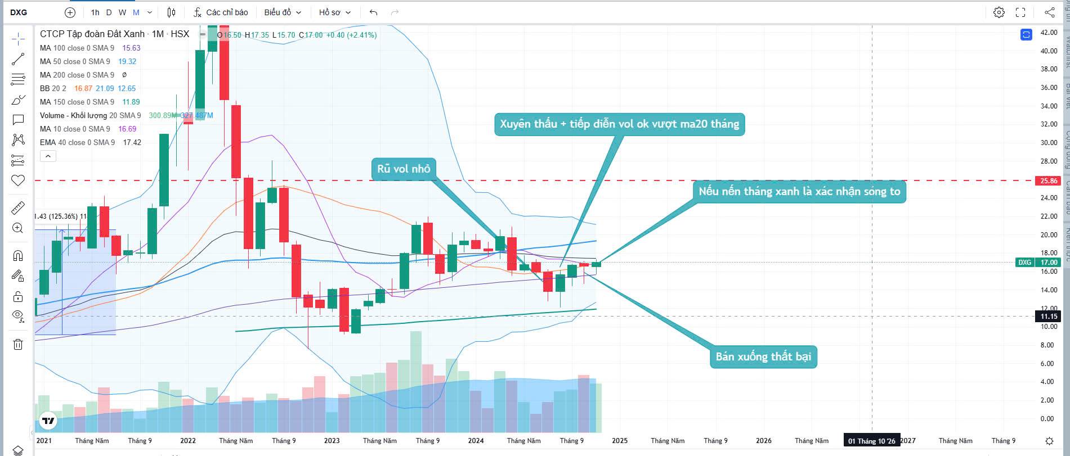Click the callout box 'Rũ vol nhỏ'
(403, 169)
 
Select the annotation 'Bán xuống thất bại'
(763, 356)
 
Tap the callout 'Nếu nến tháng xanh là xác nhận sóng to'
(799, 191)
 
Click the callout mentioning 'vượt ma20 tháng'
(619, 124)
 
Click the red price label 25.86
(1048, 181)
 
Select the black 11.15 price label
(1048, 317)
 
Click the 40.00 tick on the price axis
(1048, 51)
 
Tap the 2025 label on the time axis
(620, 441)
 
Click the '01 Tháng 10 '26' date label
(871, 441)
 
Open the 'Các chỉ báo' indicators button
(221, 12)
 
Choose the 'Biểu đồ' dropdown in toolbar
(283, 12)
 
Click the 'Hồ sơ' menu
(334, 12)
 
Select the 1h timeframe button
(95, 12)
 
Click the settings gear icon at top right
(999, 12)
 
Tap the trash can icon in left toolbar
(18, 344)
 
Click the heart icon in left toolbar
(18, 180)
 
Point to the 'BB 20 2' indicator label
(53, 88)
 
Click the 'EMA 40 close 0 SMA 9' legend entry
(77, 142)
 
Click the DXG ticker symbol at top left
(19, 12)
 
